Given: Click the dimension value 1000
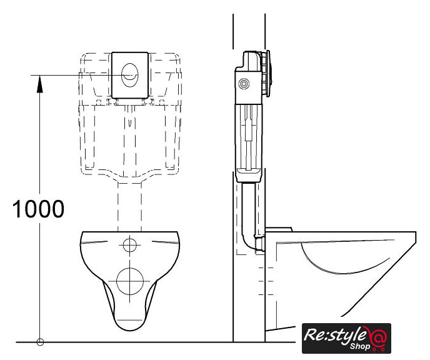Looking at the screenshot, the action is coord(38,209).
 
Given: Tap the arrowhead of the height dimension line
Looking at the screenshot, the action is coord(40,84).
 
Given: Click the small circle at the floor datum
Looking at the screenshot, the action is coord(40,342).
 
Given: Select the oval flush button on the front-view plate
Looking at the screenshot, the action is coord(130,75).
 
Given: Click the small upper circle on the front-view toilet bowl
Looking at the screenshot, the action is coord(130,245).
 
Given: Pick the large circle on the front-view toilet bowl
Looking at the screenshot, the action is coord(130,281).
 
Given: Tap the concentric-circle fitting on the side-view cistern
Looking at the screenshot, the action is coord(244,84).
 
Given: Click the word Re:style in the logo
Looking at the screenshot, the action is coord(335,336).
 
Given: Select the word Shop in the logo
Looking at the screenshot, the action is coord(360,346).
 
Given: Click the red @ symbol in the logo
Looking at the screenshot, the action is coord(379,337).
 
